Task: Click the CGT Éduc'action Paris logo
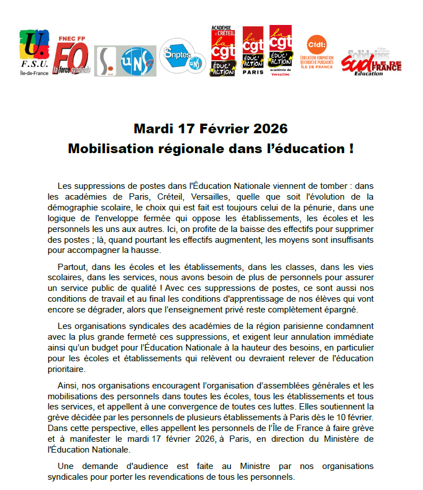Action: tap(253, 50)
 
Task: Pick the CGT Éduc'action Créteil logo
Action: tap(222, 50)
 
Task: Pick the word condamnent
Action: tap(346, 326)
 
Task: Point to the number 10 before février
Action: tap(337, 417)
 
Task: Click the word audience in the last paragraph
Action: tap(168, 466)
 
